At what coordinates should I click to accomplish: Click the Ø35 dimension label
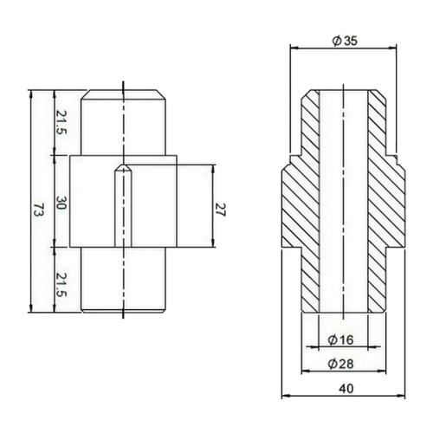click(345, 41)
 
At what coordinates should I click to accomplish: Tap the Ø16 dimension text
click(341, 339)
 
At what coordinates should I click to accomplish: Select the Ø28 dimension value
click(341, 364)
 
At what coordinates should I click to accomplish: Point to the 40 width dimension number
click(346, 389)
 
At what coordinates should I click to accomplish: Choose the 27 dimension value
click(221, 210)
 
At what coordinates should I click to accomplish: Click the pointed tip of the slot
click(124, 165)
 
